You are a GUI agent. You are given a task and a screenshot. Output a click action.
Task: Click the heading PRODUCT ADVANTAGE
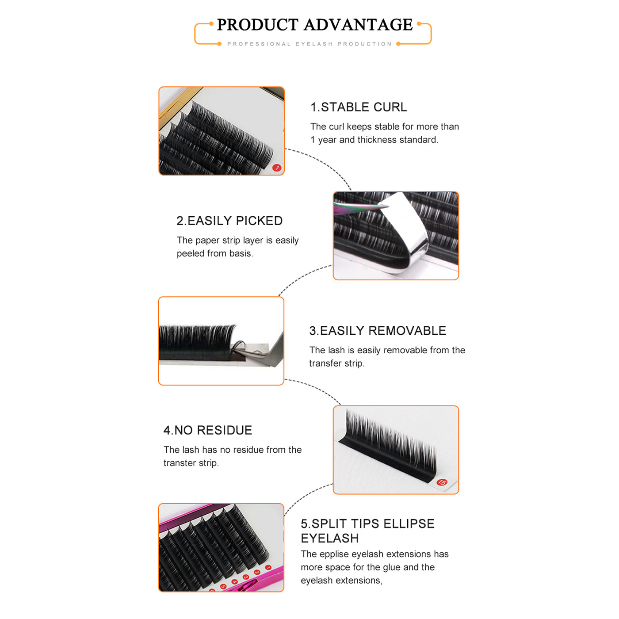(314, 25)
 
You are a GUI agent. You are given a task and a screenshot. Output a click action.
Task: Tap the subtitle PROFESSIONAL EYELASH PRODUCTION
(309, 44)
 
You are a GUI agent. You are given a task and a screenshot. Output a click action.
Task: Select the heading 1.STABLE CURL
(359, 107)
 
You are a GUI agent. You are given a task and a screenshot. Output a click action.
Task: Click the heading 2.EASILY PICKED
(229, 221)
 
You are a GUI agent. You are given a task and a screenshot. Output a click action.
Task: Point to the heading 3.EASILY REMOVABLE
(378, 331)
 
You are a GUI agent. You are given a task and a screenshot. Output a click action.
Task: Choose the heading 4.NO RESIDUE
(208, 430)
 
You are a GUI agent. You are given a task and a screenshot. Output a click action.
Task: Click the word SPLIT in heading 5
(329, 523)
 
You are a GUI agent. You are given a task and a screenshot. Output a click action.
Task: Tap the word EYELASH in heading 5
(329, 538)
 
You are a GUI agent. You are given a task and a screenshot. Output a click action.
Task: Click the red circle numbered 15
(442, 482)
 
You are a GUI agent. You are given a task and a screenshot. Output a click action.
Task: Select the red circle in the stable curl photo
(277, 168)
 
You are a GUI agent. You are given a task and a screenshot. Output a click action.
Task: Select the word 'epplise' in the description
(334, 554)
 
